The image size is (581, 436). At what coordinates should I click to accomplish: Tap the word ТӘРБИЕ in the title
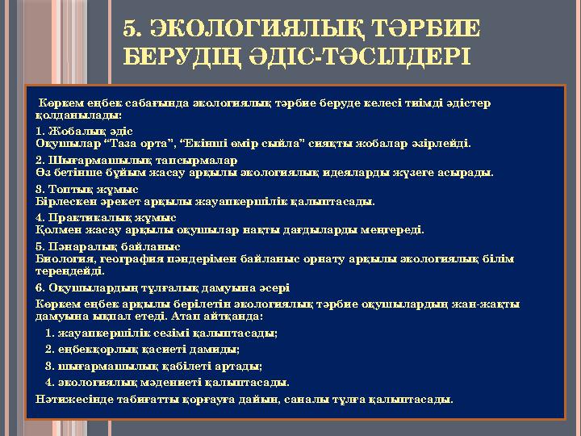point(420,29)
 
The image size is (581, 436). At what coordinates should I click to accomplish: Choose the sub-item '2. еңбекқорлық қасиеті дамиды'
point(143,350)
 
